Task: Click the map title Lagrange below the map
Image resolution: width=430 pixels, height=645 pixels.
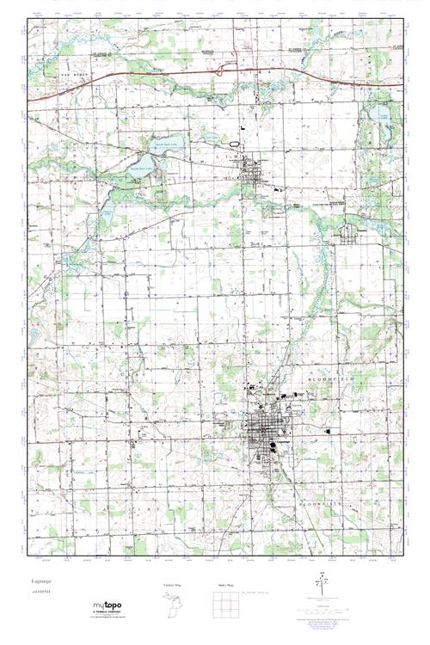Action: (42, 581)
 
